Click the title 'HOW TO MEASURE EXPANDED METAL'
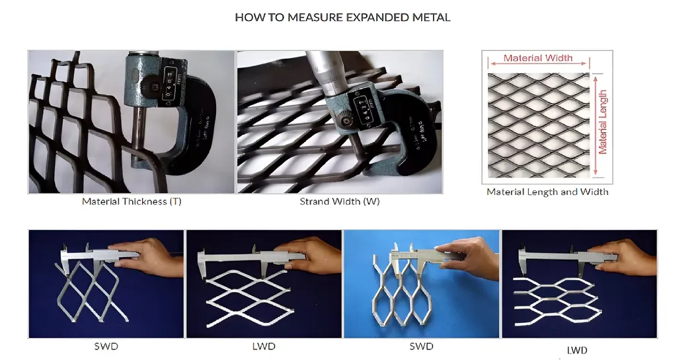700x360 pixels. pos(342,18)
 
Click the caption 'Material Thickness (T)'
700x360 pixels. pos(132,201)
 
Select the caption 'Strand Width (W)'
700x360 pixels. pos(340,201)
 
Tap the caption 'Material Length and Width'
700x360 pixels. pos(547,192)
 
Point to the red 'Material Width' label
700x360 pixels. pos(538,58)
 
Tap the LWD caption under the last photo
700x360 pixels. pos(577,350)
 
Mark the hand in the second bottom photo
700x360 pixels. pos(317,254)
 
